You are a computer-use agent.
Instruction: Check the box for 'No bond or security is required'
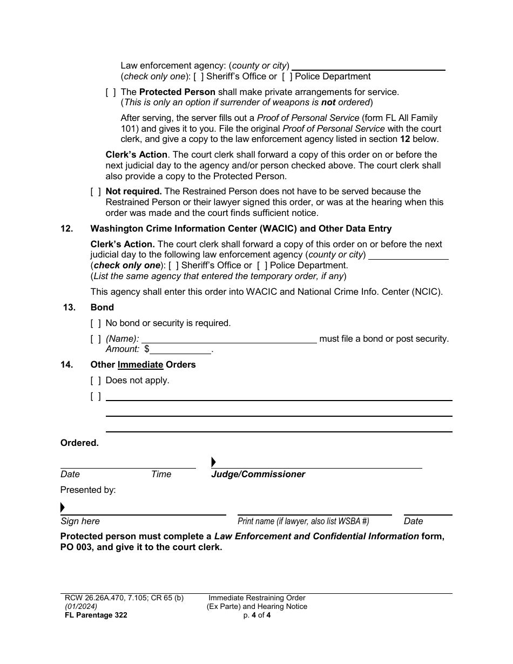96,323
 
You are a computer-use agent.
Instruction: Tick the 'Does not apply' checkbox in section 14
96,381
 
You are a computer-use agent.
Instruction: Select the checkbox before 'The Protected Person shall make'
111,92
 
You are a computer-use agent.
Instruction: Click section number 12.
66,229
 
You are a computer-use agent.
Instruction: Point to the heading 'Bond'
102,308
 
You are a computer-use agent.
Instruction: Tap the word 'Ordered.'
79,443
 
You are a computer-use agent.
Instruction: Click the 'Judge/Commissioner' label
258,475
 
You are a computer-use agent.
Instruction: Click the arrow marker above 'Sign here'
63,507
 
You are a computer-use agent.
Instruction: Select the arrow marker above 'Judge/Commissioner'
213,462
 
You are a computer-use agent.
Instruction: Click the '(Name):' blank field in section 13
228,339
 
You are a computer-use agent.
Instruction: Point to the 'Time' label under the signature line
161,475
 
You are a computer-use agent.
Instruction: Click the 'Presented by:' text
88,490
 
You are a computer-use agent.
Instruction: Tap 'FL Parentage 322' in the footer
94,615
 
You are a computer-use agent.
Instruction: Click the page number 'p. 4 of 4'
256,615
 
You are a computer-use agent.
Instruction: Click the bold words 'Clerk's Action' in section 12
122,245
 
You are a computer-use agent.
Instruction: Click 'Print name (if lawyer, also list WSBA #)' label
303,521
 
